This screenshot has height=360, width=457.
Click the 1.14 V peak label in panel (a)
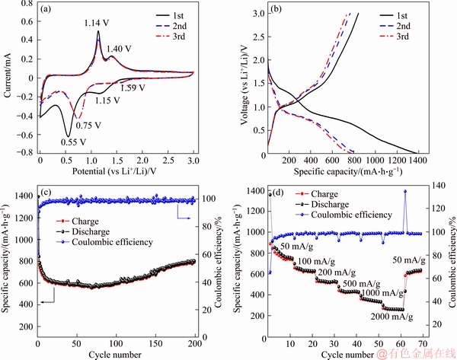98,22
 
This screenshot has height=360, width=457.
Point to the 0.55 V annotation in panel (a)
75,140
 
